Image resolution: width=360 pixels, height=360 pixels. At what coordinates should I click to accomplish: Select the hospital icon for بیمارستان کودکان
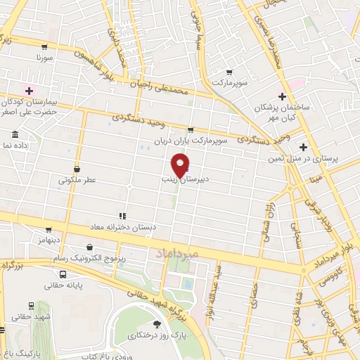(29, 90)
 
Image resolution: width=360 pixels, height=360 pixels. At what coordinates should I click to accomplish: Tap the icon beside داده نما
(15, 134)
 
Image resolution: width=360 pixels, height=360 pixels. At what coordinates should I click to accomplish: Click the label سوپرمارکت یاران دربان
(223, 141)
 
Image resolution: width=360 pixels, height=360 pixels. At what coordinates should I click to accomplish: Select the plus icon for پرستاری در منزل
(303, 147)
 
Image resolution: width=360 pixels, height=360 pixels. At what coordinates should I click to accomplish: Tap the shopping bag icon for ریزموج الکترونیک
(90, 247)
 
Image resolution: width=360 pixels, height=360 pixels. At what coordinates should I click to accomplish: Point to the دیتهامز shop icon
(48, 229)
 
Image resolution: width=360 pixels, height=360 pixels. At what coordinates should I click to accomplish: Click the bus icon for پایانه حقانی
(63, 274)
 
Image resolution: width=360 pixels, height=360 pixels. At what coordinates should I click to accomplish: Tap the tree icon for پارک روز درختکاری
(156, 324)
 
